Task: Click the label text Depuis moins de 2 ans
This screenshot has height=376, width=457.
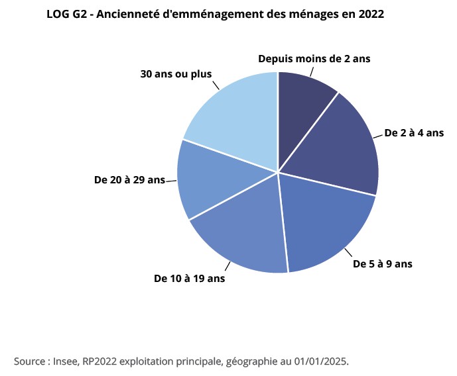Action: (314, 59)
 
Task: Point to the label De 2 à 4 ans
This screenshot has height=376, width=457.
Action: (414, 133)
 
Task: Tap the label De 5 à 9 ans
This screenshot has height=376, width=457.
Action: (383, 263)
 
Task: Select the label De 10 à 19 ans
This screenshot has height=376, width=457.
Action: (190, 279)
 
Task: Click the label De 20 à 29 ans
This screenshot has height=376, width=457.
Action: (129, 179)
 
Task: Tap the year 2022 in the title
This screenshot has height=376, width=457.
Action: (370, 14)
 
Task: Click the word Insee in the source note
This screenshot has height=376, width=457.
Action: (66, 361)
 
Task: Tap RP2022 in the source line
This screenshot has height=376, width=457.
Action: (99, 361)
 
